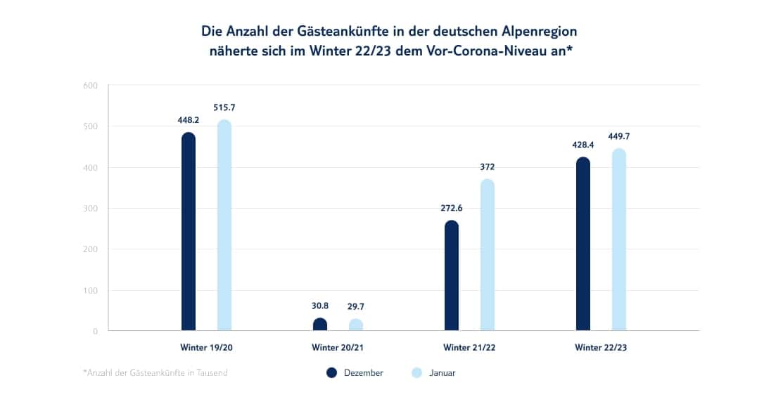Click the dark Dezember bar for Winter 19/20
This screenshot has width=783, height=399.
(x=189, y=231)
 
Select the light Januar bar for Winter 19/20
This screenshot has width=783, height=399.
(x=224, y=225)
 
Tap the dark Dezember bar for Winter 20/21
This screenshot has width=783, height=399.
(x=320, y=324)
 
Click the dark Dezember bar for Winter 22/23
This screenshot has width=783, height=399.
(x=583, y=243)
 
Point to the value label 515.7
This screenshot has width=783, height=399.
(x=224, y=107)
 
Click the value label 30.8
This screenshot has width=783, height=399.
(x=320, y=306)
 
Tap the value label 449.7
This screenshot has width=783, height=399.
(x=619, y=136)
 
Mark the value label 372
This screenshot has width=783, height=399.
(x=488, y=167)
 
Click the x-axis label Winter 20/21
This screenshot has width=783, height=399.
(x=338, y=347)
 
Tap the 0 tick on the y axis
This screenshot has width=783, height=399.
(x=95, y=331)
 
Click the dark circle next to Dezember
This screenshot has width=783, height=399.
(x=332, y=373)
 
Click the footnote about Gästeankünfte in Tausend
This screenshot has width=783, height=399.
(x=155, y=373)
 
